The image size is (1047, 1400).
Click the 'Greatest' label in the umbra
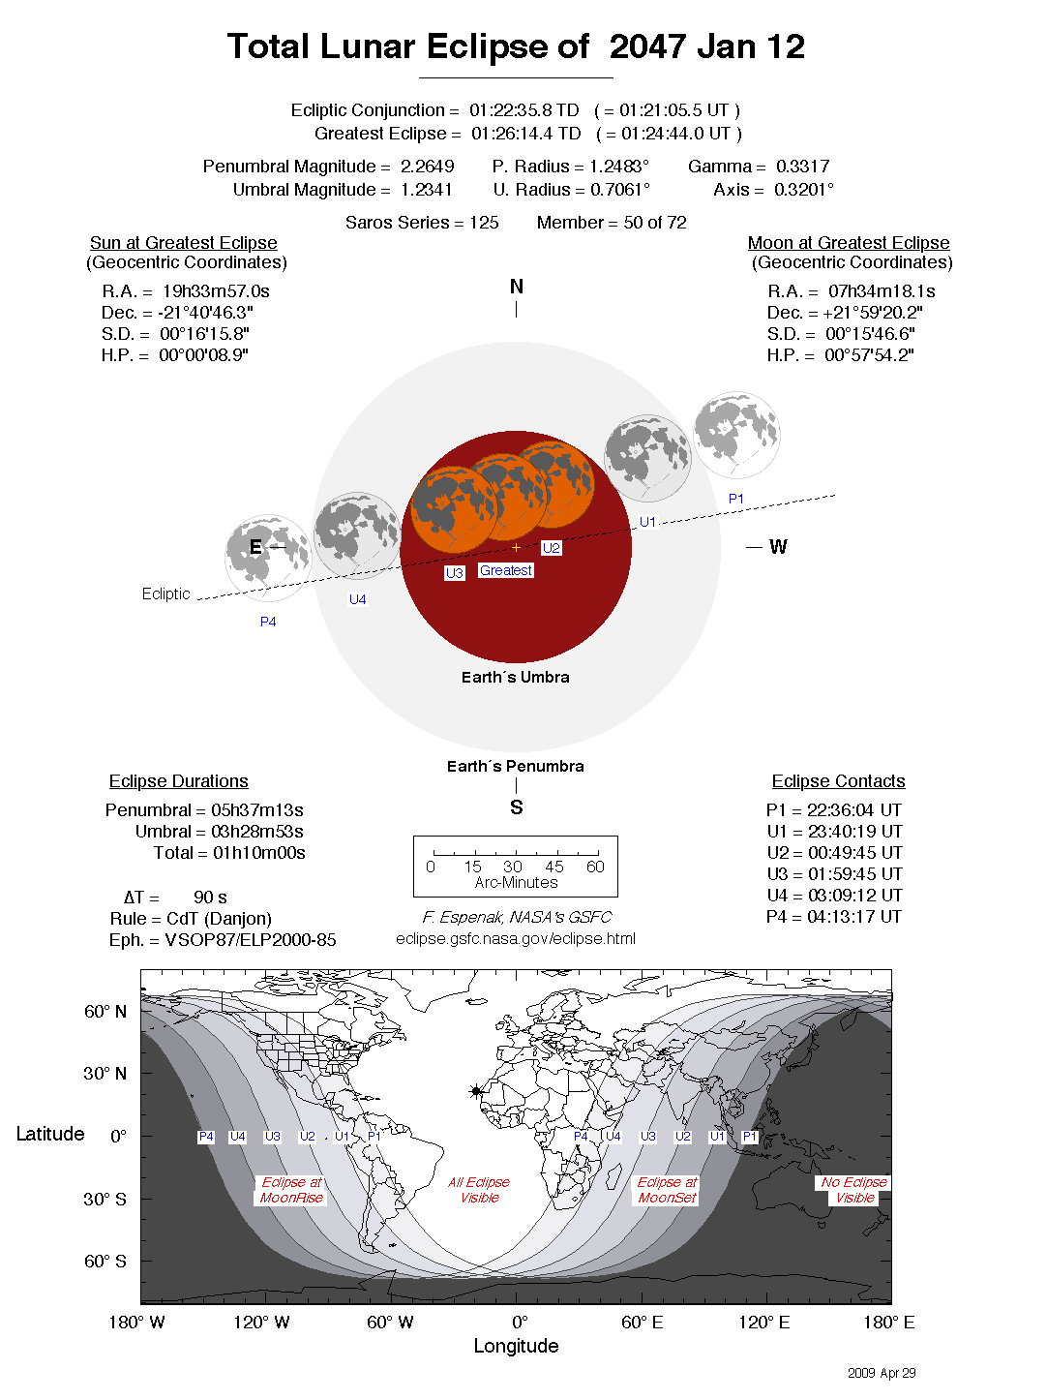coord(505,570)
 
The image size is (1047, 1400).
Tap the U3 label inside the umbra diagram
coord(455,573)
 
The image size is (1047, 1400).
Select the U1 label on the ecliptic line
coord(647,522)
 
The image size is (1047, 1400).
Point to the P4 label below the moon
coord(268,622)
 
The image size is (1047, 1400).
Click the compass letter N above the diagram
coord(516,287)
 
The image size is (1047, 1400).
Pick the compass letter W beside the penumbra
coord(778,547)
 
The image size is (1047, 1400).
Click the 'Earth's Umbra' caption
coord(515,677)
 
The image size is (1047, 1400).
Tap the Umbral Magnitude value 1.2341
coord(426,190)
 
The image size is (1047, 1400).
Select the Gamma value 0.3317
coord(802,167)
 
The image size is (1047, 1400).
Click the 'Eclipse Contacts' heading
coord(838,781)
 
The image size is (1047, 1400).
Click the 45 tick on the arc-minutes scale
coord(554,866)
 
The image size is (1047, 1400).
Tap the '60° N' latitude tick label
coord(105,1012)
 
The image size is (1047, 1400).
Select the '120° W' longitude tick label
coord(261,1323)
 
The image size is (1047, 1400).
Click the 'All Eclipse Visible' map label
coord(479,1190)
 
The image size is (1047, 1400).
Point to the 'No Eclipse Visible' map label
coord(853,1190)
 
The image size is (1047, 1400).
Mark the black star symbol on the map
coord(476,1091)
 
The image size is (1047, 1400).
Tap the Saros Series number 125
coord(484,223)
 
